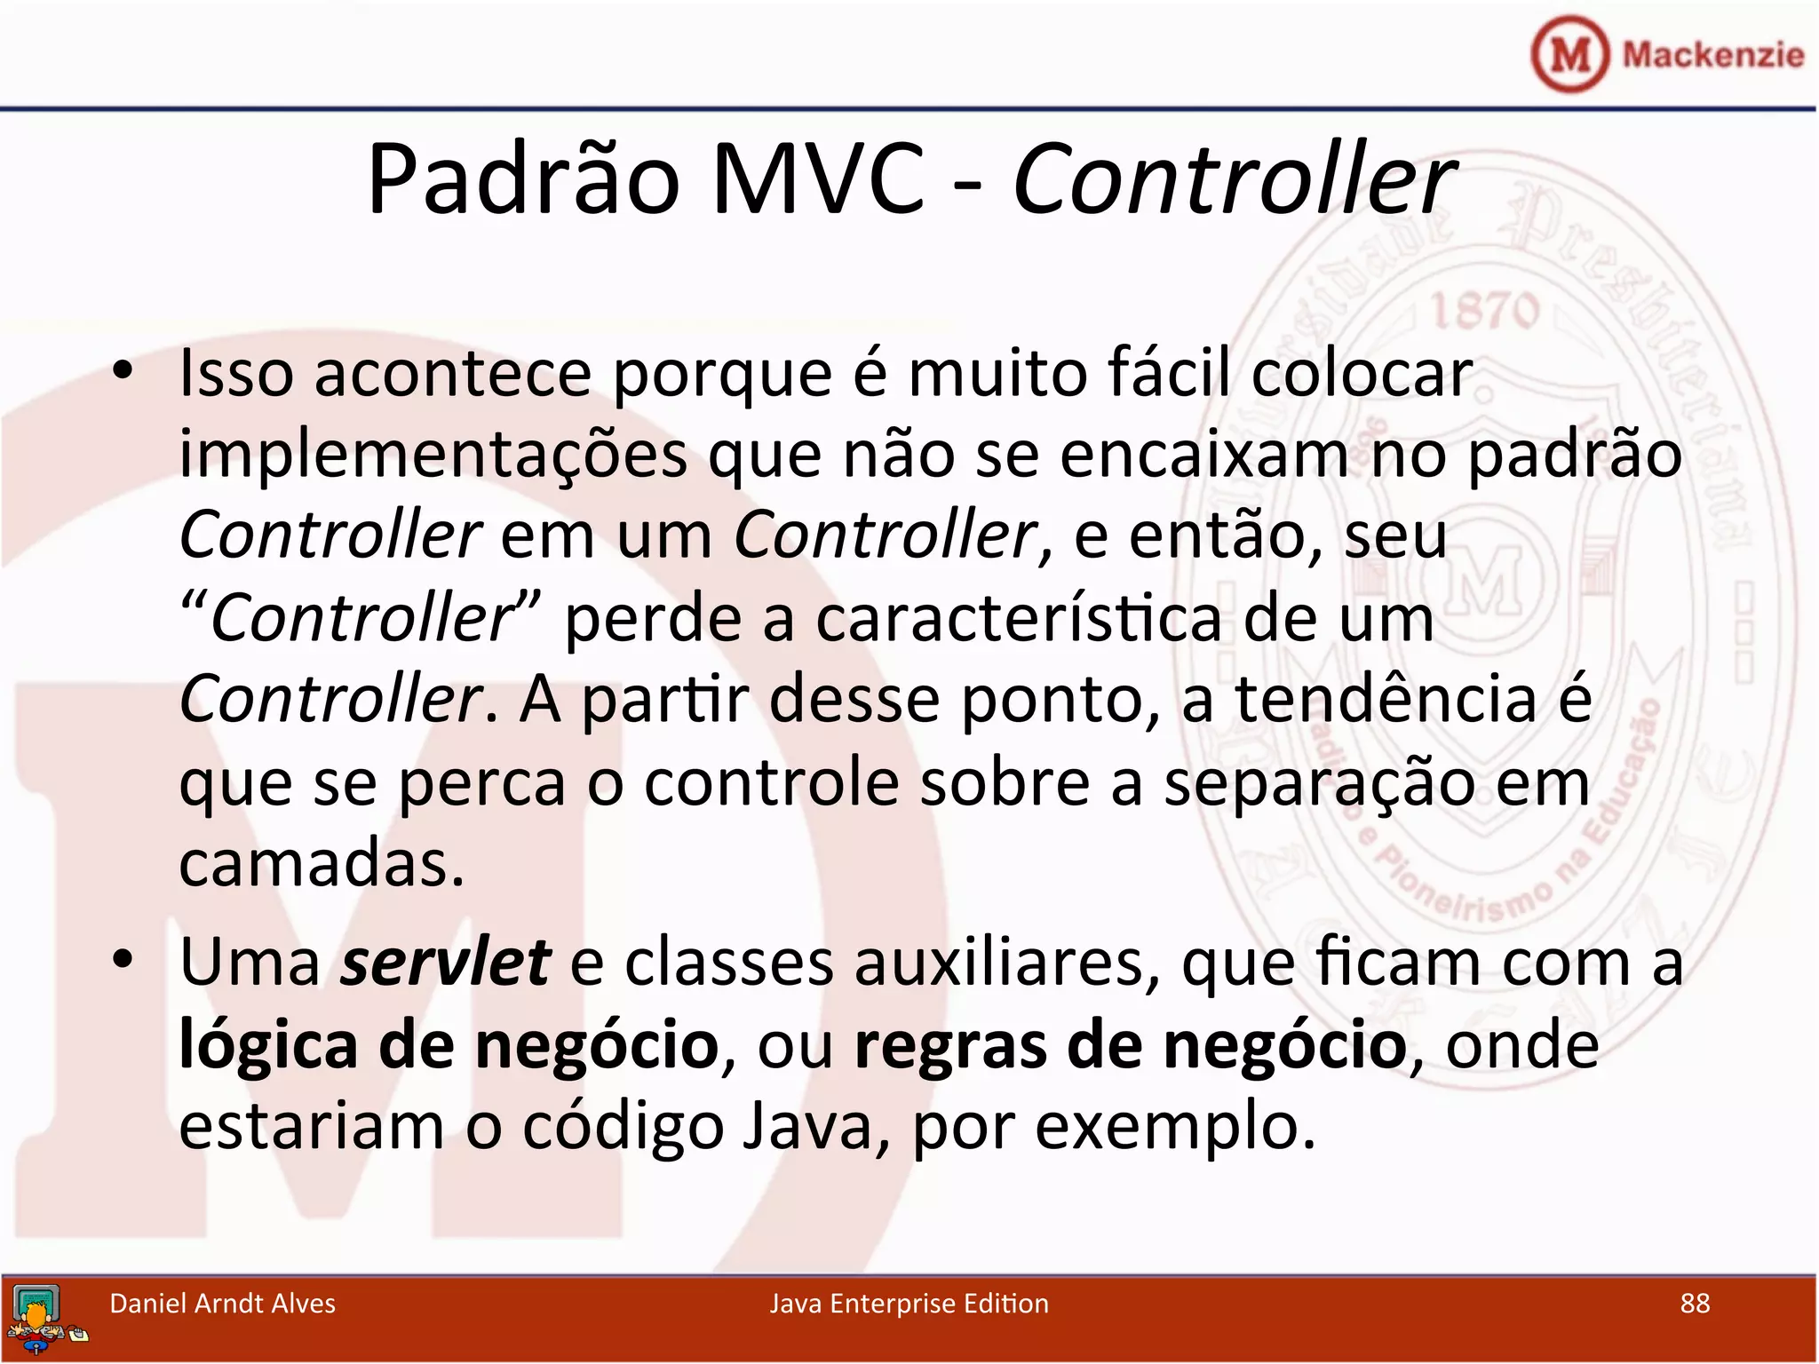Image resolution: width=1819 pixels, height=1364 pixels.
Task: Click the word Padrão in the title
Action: coord(524,180)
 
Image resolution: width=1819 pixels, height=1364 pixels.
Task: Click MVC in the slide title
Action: coord(818,180)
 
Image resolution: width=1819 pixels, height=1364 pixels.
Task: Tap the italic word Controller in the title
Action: coord(1233,180)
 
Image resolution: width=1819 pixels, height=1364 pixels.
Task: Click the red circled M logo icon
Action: coord(1569,55)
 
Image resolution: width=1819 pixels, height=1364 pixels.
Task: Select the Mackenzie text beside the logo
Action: coord(1712,55)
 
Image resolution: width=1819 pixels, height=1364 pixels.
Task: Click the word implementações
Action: coord(433,456)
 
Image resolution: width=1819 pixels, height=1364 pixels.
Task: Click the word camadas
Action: coord(322,863)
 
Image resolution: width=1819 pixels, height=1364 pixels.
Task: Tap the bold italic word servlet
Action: coord(445,962)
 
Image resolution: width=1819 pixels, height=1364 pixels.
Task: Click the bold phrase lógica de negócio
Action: coord(449,1046)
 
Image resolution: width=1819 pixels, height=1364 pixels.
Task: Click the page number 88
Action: coord(1695,1304)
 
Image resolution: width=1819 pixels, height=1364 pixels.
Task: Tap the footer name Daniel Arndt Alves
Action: coord(222,1304)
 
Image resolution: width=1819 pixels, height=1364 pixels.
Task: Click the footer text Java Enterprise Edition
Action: coord(909,1304)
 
